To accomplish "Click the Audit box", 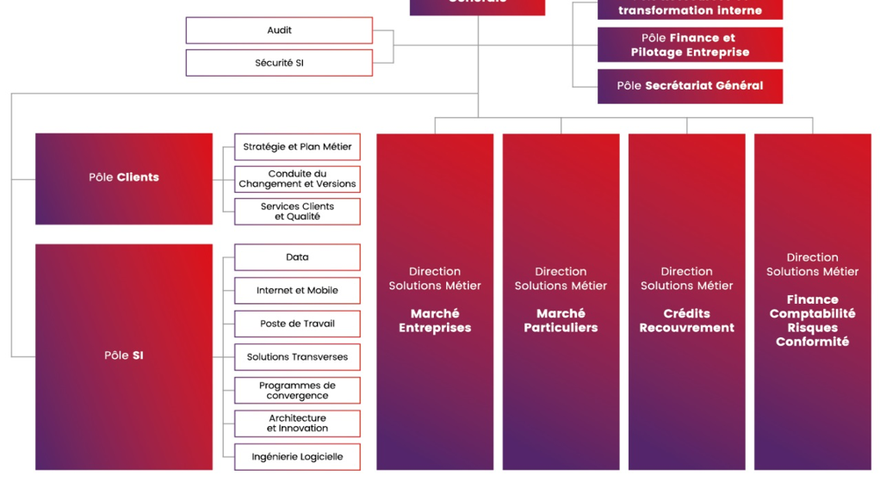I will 279,30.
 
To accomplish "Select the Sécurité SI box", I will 279,63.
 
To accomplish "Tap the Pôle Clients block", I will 124,178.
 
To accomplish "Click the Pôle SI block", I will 124,356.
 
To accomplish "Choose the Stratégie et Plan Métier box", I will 297,147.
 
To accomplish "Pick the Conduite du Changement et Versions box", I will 297,179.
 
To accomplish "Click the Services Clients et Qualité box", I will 297,212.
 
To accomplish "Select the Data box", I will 297,257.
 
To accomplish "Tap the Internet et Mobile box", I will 297,291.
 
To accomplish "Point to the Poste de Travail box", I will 297,324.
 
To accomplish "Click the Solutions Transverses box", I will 297,357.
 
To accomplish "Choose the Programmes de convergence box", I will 297,391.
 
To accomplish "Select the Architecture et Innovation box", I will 297,423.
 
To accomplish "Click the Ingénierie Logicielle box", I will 297,457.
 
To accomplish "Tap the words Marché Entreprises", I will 435,321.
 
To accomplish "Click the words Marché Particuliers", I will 561,321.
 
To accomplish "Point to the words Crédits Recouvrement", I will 686,321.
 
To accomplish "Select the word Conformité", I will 812,342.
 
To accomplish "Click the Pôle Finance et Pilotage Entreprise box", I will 690,45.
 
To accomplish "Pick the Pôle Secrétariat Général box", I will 690,86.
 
